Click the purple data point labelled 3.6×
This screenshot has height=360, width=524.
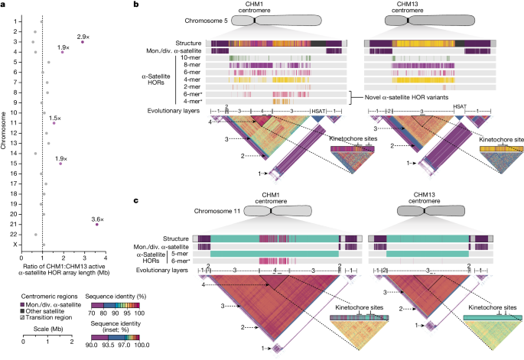pyautogui.click(x=96, y=225)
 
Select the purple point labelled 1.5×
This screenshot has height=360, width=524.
pyautogui.click(x=54, y=123)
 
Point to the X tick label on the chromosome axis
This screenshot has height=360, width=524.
pyautogui.click(x=15, y=243)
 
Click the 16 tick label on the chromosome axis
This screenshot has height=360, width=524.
pyautogui.click(x=15, y=174)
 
